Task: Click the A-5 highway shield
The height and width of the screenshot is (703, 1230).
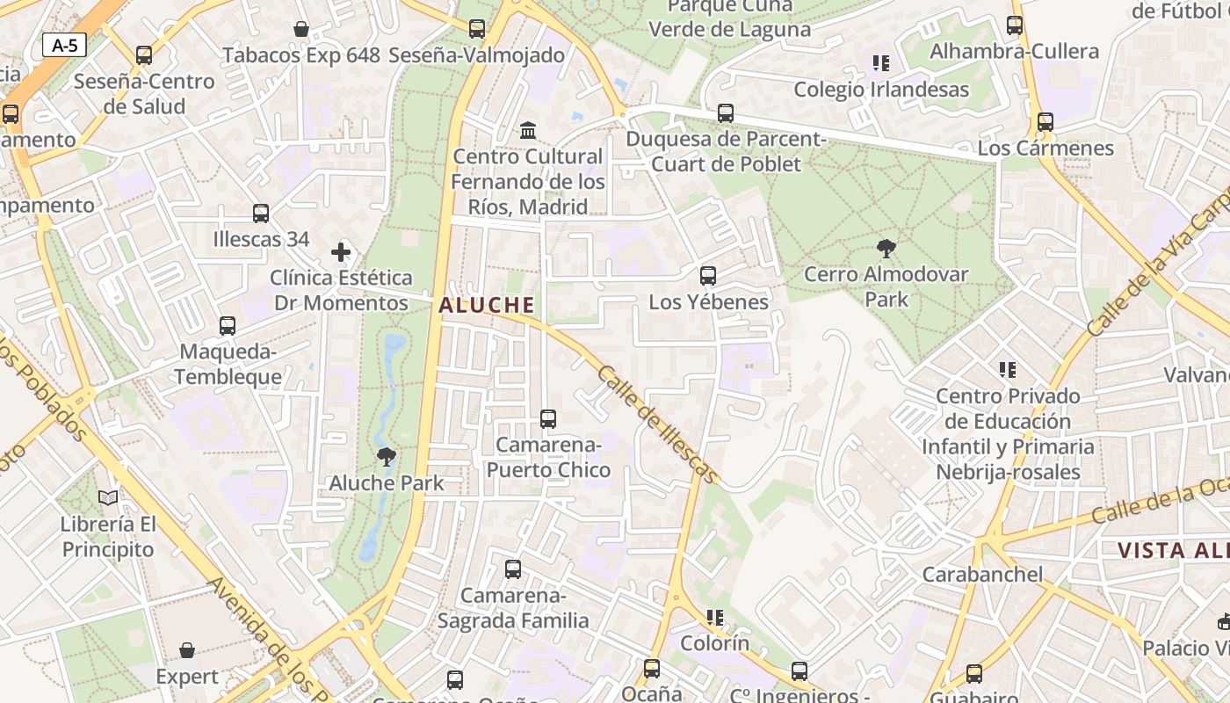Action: point(64,46)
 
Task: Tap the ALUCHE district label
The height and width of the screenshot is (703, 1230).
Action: point(486,305)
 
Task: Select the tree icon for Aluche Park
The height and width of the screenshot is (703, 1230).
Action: point(386,456)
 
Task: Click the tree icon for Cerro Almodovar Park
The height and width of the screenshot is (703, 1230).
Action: point(886,248)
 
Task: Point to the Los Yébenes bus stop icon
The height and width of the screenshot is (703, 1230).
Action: point(708,276)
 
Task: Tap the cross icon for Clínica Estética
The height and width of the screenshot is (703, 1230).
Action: point(341,253)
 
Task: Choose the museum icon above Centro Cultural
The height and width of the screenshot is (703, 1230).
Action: point(528,131)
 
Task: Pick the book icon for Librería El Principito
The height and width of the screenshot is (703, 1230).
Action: point(108,498)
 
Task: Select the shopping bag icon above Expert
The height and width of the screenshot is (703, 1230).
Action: point(187,650)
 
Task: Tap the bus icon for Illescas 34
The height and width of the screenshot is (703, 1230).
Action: point(261,214)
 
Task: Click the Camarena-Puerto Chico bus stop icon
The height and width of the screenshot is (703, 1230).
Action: point(548,419)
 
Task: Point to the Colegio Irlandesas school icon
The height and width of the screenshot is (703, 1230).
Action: point(881,63)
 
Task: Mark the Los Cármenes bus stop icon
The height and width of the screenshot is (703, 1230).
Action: point(1045,122)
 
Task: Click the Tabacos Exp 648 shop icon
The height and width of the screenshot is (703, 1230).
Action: point(301,30)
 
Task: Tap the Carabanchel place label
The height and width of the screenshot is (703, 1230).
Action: point(982,575)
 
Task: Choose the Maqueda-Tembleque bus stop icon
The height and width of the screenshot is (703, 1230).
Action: point(228,326)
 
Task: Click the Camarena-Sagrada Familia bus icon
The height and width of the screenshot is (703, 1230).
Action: point(513,569)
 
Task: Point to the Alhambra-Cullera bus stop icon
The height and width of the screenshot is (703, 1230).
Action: point(1015,25)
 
